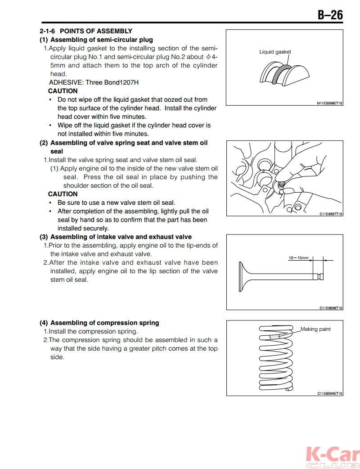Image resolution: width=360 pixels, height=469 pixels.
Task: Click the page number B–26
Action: pos(330,15)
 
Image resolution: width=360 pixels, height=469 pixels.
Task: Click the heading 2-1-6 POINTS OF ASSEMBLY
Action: pos(86,31)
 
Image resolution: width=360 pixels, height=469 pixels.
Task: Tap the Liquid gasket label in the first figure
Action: pos(275,52)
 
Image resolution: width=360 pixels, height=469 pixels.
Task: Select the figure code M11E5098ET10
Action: pos(329,103)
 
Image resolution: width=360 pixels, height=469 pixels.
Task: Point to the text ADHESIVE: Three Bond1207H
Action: pos(94,82)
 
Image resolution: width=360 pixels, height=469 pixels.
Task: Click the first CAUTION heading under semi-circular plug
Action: pos(63,91)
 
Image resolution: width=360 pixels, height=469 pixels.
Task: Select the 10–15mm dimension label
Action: pos(298,258)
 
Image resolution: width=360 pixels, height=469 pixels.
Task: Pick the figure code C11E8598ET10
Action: pos(331,308)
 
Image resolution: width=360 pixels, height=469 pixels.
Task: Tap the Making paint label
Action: pos(315,329)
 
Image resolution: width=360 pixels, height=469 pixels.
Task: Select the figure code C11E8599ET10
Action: pos(330,393)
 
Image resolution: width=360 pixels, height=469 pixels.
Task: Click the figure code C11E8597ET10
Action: pos(331,214)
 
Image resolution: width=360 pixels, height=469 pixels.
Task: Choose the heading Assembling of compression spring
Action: pos(104,323)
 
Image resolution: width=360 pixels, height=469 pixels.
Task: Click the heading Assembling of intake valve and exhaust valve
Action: pos(121,237)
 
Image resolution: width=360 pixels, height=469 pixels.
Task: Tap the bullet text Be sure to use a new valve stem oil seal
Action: pos(116,203)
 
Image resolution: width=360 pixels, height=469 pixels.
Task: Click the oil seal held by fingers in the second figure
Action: pos(282,184)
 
